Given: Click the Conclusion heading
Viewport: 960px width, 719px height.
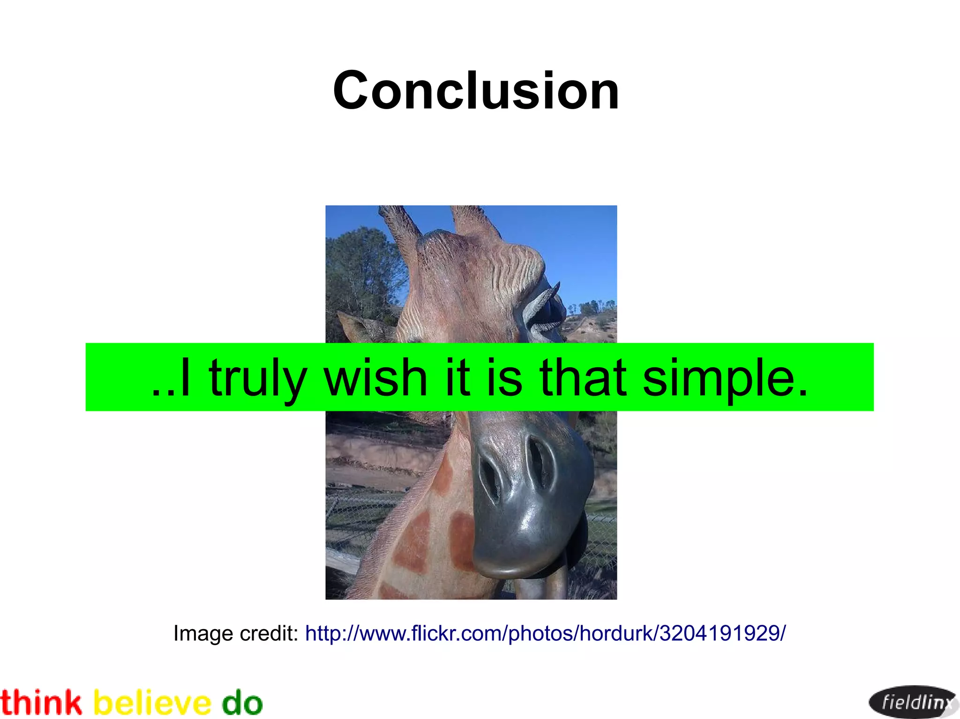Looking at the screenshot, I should (476, 90).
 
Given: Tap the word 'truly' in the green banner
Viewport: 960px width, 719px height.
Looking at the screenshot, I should (257, 378).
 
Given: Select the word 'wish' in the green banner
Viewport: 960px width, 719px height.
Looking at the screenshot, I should (375, 378).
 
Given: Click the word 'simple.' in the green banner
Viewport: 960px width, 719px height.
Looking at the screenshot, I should (725, 378).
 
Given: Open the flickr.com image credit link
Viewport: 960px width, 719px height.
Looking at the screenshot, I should (545, 633).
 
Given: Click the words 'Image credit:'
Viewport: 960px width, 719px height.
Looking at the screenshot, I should (236, 633).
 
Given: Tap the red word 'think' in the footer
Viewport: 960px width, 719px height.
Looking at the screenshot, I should (41, 703).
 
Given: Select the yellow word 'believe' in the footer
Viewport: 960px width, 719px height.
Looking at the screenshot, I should (152, 703).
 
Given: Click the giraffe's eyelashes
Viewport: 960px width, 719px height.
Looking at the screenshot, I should (544, 304).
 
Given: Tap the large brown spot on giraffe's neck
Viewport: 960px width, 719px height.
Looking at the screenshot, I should (412, 543).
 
